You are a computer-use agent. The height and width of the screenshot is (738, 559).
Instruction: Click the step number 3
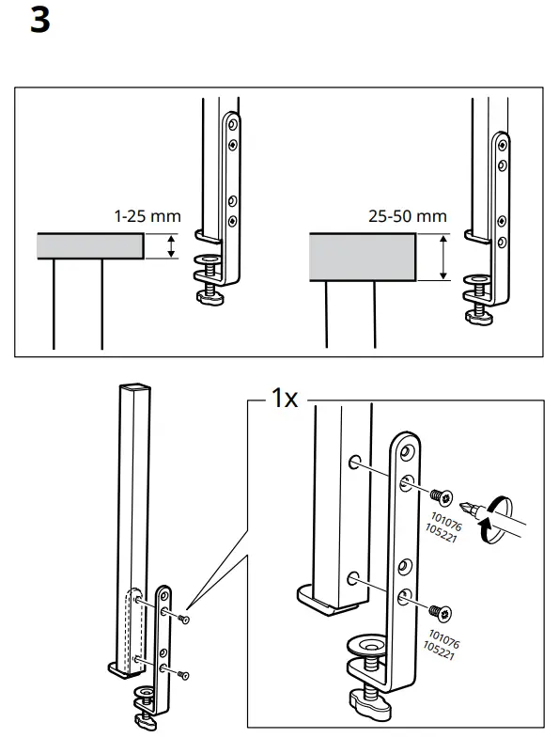pyautogui.click(x=39, y=20)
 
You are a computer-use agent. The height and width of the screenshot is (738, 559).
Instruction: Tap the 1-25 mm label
pyautogui.click(x=147, y=216)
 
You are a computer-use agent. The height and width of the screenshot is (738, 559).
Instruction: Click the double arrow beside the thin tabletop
pyautogui.click(x=170, y=247)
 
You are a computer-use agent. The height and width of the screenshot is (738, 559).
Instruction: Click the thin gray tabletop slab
pyautogui.click(x=89, y=246)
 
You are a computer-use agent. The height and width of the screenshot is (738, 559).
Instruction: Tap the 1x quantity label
pyautogui.click(x=284, y=399)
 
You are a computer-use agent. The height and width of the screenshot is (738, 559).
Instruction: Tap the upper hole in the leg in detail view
pyautogui.click(x=354, y=463)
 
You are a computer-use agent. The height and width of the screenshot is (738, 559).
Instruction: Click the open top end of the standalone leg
pyautogui.click(x=134, y=386)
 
